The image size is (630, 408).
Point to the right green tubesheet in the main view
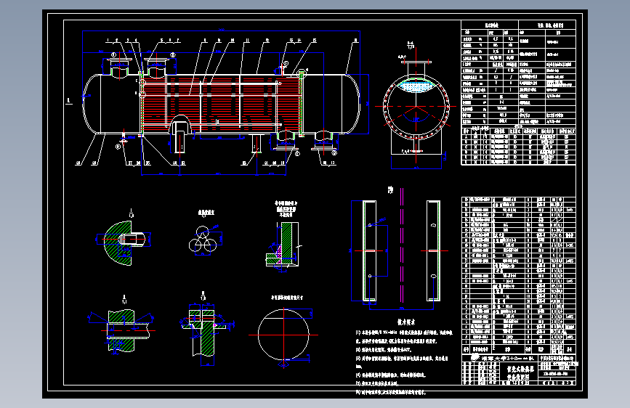[x=299, y=102]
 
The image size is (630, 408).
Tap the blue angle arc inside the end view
[x=415, y=116]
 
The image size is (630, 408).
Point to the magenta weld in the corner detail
[x=280, y=254]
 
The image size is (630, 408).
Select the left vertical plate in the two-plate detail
[x=368, y=250]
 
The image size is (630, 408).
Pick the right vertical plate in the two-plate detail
[x=433, y=250]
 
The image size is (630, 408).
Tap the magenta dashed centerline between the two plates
[x=401, y=247]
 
